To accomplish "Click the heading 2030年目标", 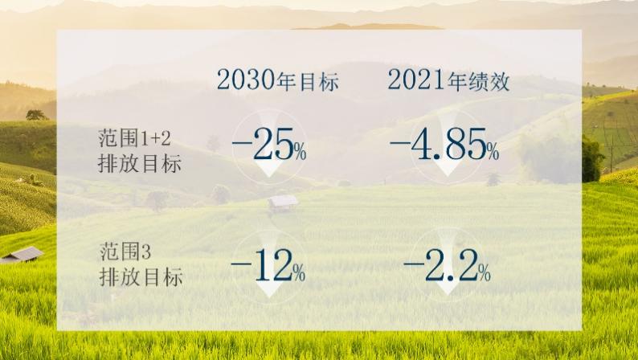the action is (277, 80).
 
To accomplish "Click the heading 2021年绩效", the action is (448, 80).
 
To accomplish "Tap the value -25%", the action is (269, 145).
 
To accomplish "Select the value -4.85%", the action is (444, 145).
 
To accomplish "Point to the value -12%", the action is (268, 266).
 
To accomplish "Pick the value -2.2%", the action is (448, 266).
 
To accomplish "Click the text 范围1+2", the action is (134, 138).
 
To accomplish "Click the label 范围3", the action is (125, 252).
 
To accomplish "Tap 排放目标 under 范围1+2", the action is (140, 164).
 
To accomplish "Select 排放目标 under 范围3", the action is (141, 277).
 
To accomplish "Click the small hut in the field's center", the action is (283, 203).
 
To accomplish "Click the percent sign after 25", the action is (301, 152).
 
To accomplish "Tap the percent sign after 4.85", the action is (493, 152).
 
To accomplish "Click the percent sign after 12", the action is (299, 273).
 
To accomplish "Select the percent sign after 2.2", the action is (485, 273).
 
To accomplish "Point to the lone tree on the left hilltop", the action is (36, 115).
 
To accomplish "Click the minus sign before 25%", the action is (241, 143).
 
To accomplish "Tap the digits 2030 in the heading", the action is (246, 80).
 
